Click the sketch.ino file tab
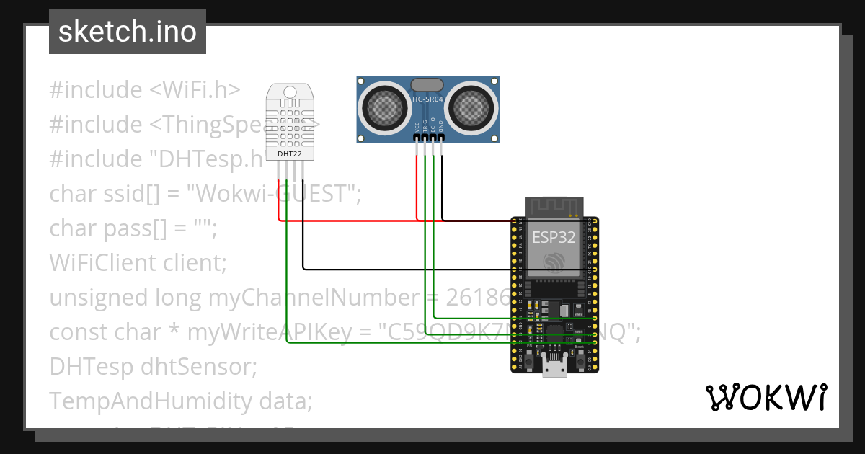[128, 32]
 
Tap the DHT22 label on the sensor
[290, 153]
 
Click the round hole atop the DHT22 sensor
[290, 92]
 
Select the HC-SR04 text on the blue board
[427, 100]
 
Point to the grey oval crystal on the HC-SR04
[427, 85]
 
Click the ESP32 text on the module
[554, 237]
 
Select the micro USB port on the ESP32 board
[554, 368]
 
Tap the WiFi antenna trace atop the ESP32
[554, 206]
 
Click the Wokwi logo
[766, 397]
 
